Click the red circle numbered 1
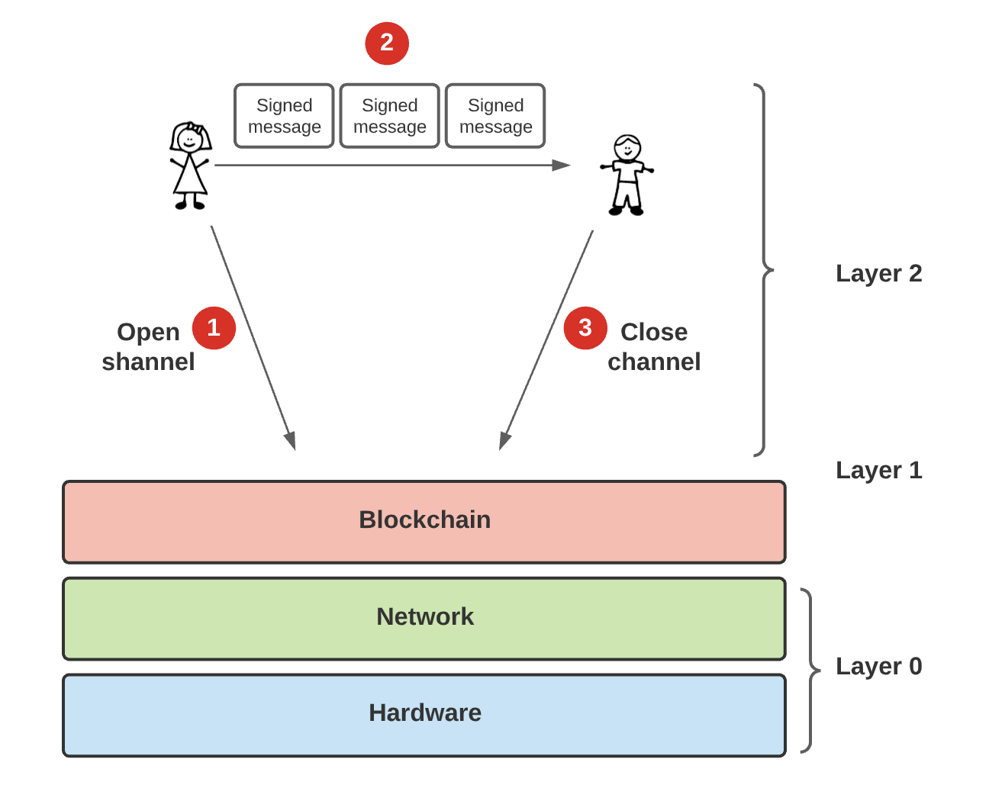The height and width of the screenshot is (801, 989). [214, 328]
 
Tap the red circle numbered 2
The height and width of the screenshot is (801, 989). [387, 43]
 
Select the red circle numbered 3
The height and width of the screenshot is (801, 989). [585, 328]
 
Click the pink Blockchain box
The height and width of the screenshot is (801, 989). [424, 522]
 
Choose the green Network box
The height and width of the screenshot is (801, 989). [424, 618]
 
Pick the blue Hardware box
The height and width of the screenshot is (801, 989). [424, 715]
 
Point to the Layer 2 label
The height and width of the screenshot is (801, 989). [878, 273]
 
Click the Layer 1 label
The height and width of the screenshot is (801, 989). [878, 470]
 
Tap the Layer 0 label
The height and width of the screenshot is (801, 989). [878, 666]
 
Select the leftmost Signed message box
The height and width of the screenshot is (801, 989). [284, 116]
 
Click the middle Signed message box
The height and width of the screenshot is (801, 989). [389, 116]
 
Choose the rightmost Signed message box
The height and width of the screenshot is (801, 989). [495, 116]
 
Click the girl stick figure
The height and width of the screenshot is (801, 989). [189, 166]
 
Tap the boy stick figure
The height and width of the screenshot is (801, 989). [627, 175]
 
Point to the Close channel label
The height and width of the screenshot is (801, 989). [654, 346]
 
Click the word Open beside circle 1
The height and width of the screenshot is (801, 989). [148, 332]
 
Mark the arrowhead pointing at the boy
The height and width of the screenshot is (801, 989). [562, 165]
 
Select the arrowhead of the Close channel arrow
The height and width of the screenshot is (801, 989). [504, 441]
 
